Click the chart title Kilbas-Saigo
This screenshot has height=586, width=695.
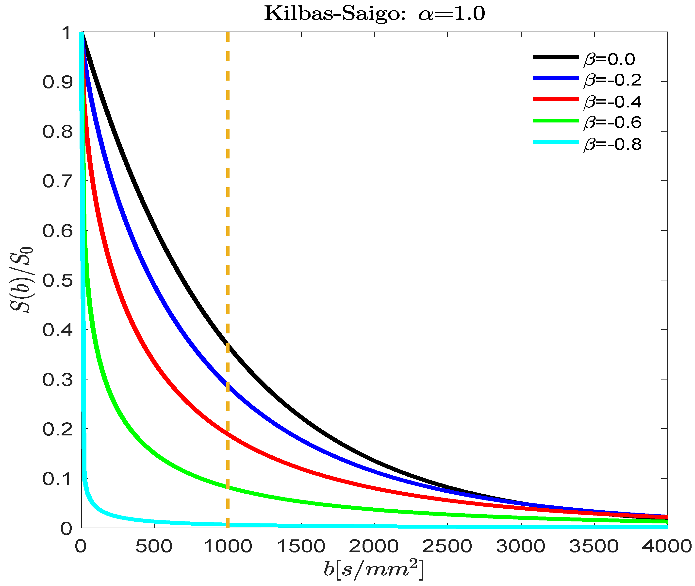point(374,14)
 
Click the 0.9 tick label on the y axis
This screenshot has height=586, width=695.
point(57,82)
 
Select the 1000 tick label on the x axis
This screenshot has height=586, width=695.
point(228,547)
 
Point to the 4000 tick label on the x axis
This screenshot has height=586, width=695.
point(666,547)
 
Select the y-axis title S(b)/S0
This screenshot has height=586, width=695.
point(22,280)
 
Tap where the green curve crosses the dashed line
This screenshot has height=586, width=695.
point(228,487)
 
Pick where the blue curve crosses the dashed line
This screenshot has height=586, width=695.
point(228,385)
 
